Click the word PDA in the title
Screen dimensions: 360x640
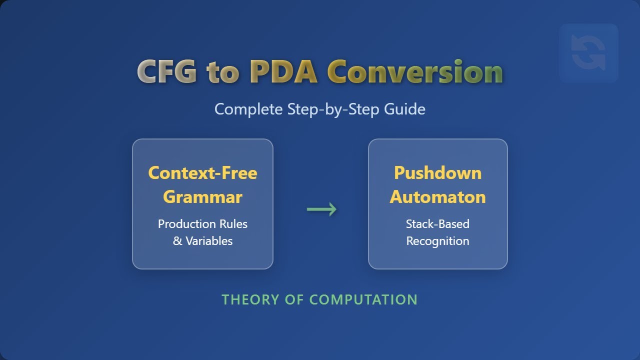pyautogui.click(x=283, y=71)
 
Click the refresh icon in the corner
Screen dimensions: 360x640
pyautogui.click(x=588, y=53)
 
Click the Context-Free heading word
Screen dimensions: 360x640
pyautogui.click(x=202, y=173)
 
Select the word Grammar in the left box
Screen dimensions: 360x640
pyautogui.click(x=202, y=197)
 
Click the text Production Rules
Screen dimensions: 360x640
pyautogui.click(x=202, y=224)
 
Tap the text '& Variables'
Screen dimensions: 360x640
pyautogui.click(x=202, y=241)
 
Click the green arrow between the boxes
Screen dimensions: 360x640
pyautogui.click(x=321, y=209)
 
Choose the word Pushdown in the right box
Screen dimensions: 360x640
pyautogui.click(x=437, y=173)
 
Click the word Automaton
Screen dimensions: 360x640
pyautogui.click(x=437, y=197)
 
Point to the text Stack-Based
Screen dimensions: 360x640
pyautogui.click(x=437, y=224)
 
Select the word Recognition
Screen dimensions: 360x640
pyautogui.click(x=437, y=241)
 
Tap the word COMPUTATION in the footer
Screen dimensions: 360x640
pyautogui.click(x=363, y=299)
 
